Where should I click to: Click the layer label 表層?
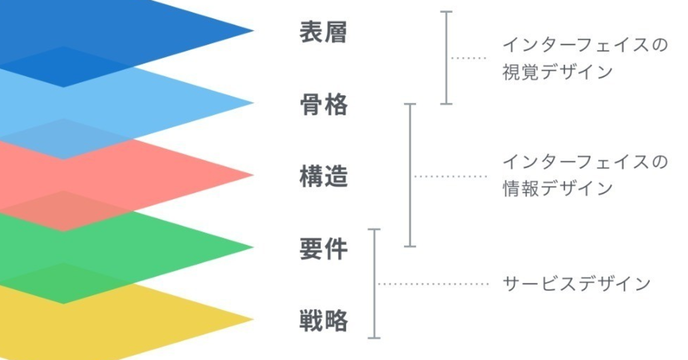pos(324,32)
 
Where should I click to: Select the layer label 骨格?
pos(324,104)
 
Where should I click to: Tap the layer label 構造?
pos(324,176)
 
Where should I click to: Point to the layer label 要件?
pos(324,248)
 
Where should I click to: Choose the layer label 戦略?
pos(324,321)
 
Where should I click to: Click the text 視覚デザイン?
pos(557,72)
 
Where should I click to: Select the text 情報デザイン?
pos(557,188)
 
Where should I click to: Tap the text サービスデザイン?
pos(577,283)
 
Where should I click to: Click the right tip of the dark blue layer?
pos(253,31)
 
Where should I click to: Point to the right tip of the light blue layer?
pos(253,103)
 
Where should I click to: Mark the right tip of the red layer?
pos(253,175)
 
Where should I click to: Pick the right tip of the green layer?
pos(253,247)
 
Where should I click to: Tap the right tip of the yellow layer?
pos(253,319)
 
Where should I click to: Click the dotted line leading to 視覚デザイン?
pos(469,57)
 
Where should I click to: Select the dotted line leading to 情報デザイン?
pos(450,176)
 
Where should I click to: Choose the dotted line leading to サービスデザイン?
pos(433,284)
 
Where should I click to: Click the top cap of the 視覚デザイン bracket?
pos(446,12)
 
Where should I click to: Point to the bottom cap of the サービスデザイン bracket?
pos(374,338)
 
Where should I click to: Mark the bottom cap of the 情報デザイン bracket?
pos(410,246)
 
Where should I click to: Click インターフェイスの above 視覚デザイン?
pos(585,45)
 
